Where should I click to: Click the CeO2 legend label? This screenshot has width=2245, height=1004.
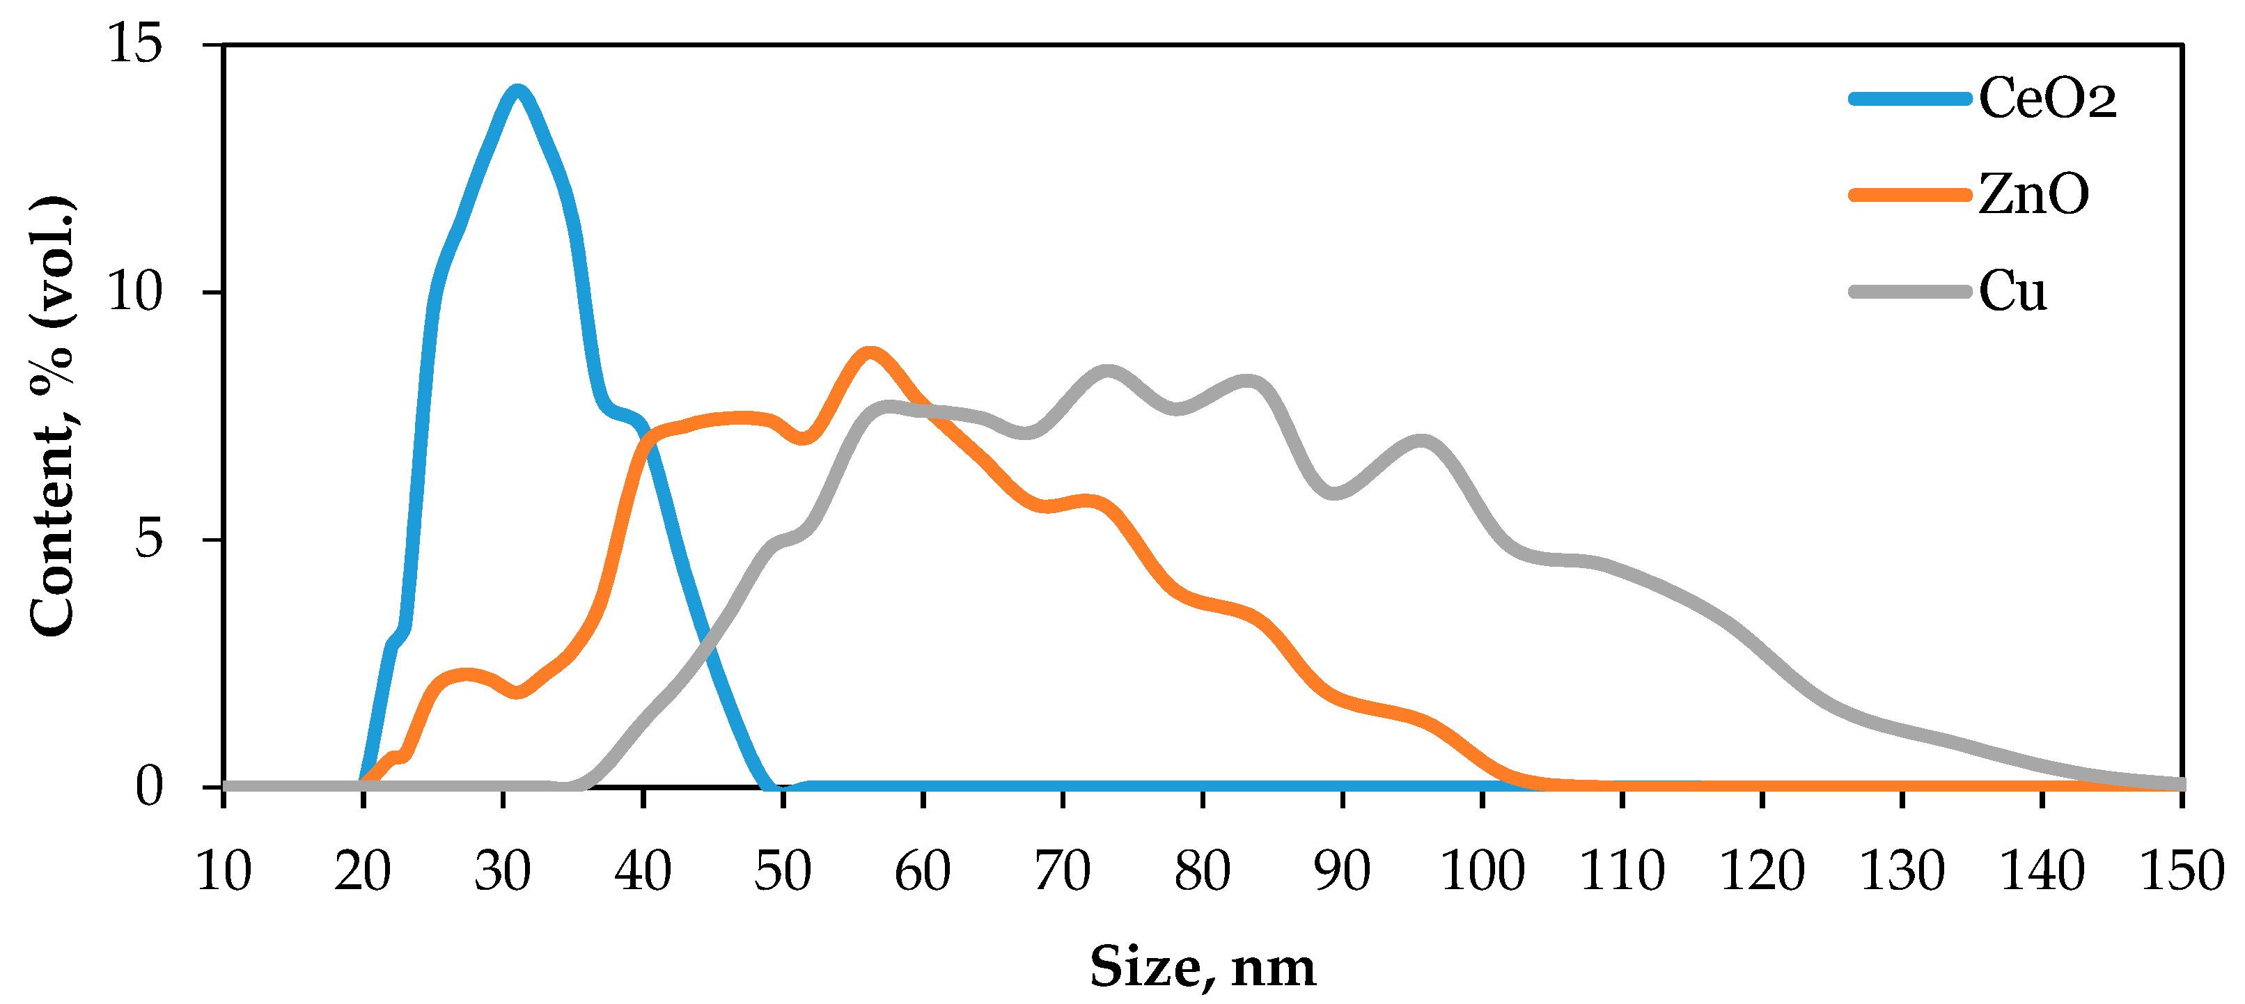[x=2047, y=97]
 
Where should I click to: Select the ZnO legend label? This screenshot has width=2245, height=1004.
[x=2033, y=194]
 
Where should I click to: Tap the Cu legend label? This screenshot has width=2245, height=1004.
[x=2012, y=291]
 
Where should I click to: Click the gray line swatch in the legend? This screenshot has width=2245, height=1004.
[x=1909, y=291]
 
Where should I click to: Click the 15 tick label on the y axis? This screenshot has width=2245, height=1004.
[x=135, y=44]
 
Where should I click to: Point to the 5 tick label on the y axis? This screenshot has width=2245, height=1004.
[x=149, y=540]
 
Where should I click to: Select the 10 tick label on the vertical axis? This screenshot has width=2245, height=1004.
[x=135, y=292]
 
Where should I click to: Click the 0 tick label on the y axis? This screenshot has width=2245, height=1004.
[x=149, y=786]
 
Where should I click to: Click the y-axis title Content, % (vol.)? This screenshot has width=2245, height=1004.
[x=52, y=416]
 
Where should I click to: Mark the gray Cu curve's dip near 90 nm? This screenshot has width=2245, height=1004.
[x=1335, y=493]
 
